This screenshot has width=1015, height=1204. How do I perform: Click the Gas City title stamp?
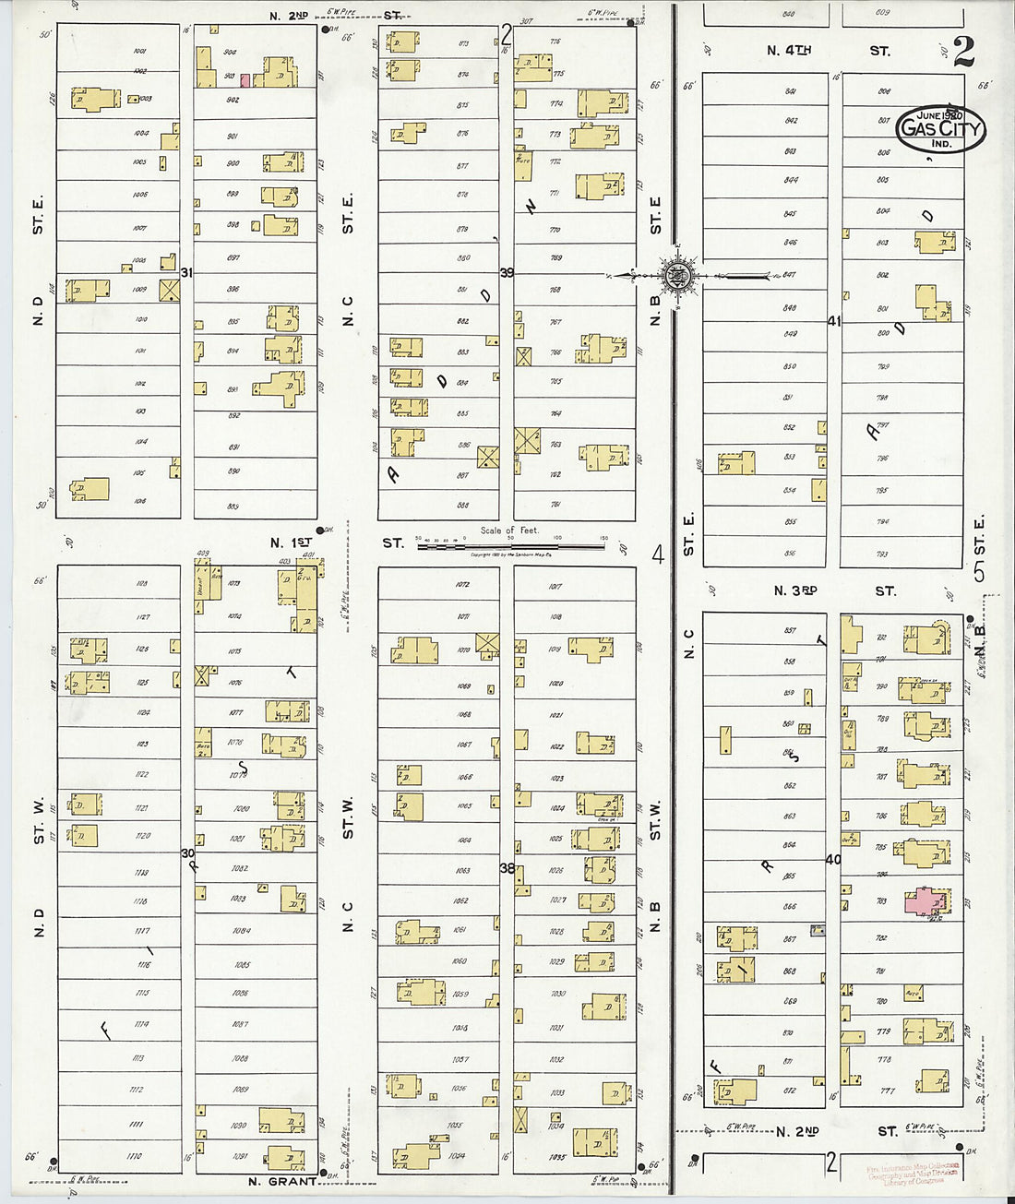(x=940, y=128)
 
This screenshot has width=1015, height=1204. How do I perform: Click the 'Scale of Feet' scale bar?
(x=510, y=545)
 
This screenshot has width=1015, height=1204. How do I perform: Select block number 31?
(x=186, y=272)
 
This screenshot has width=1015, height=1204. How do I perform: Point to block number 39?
(x=507, y=272)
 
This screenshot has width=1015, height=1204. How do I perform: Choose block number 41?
(x=834, y=321)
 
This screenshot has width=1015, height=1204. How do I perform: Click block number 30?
(x=187, y=852)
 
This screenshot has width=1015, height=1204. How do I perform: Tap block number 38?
(x=507, y=868)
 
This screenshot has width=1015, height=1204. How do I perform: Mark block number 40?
(x=833, y=859)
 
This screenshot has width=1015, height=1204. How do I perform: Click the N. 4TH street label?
(x=789, y=51)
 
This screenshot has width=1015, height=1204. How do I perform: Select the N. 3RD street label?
(x=795, y=590)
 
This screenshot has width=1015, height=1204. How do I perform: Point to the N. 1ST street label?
(x=290, y=542)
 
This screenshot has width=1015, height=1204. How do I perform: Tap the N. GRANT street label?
(x=281, y=1181)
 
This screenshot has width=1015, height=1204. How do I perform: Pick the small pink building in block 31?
(x=245, y=80)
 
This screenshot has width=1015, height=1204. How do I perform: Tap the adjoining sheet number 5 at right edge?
(x=979, y=572)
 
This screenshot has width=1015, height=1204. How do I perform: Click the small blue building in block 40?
(x=817, y=931)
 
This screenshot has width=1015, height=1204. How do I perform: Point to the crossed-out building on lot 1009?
(x=169, y=290)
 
